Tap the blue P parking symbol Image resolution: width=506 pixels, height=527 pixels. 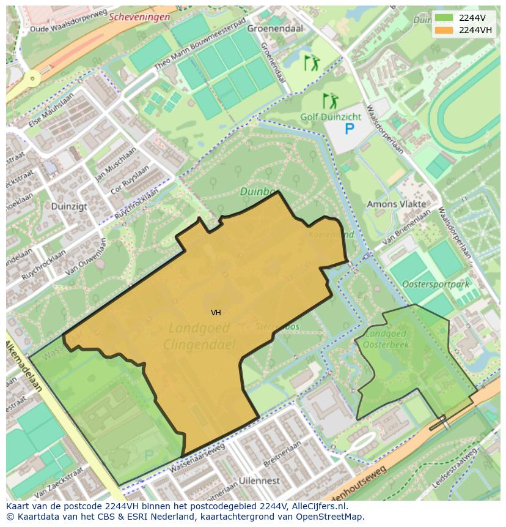[349, 129]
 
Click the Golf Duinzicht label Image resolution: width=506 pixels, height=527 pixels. [331, 116]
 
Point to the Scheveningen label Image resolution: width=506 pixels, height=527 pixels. [139, 17]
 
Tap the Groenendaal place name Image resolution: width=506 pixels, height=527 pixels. [275, 28]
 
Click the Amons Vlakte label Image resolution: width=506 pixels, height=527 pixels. [391, 204]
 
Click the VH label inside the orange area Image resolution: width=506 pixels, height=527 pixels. [216, 313]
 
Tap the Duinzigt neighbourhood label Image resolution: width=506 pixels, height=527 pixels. [68, 206]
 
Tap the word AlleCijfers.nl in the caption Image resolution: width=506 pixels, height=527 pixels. [318, 506]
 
